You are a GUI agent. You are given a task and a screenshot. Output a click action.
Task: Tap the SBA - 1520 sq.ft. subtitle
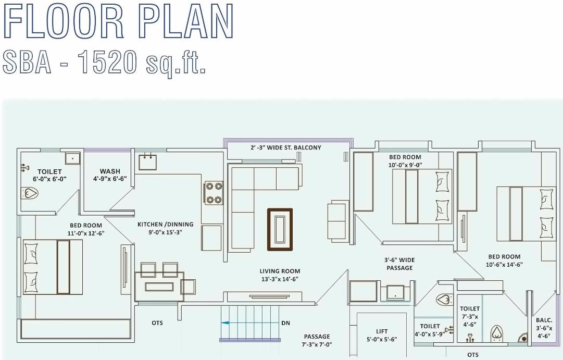(x=104, y=63)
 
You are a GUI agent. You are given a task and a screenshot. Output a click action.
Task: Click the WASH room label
(x=110, y=171)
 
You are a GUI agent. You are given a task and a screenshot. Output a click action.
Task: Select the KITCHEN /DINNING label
(x=165, y=225)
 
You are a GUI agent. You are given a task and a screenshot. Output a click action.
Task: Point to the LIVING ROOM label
(x=280, y=271)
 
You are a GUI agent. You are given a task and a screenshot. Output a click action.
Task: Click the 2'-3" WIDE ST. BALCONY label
(x=286, y=148)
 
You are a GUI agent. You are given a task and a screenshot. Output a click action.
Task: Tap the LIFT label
(x=382, y=331)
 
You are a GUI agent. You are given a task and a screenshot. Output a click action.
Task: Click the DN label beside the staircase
(x=285, y=323)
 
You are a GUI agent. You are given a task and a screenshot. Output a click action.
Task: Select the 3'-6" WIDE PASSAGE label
(x=399, y=264)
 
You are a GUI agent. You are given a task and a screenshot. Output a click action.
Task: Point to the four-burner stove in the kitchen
(x=214, y=193)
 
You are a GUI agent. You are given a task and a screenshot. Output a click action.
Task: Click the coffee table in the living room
(x=280, y=229)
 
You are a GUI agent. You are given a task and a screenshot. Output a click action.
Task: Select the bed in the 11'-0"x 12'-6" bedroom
(x=53, y=267)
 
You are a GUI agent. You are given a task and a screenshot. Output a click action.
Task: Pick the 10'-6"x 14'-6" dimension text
(x=504, y=265)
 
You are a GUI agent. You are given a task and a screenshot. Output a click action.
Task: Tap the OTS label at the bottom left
(x=157, y=323)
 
